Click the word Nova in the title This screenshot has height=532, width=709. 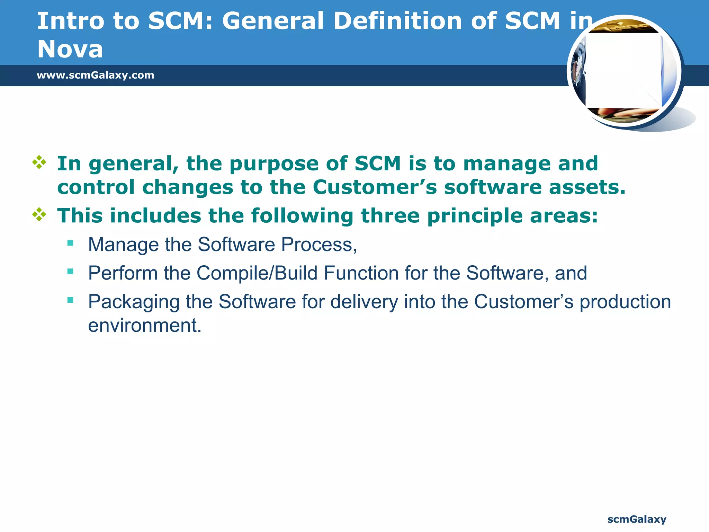click(70, 49)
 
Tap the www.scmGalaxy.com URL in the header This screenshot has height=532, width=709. click(95, 75)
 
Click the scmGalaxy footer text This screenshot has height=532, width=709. click(637, 519)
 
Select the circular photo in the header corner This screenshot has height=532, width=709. click(624, 71)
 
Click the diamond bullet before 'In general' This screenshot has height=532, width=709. click(39, 162)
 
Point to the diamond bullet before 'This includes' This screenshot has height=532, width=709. click(39, 215)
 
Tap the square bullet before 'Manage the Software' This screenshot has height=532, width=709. click(71, 243)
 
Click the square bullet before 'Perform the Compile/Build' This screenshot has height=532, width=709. click(71, 272)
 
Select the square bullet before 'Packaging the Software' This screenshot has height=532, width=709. click(71, 300)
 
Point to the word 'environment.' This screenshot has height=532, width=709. click(145, 326)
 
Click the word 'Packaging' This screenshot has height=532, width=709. click(133, 302)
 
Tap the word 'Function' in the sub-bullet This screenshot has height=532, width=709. click(361, 273)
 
